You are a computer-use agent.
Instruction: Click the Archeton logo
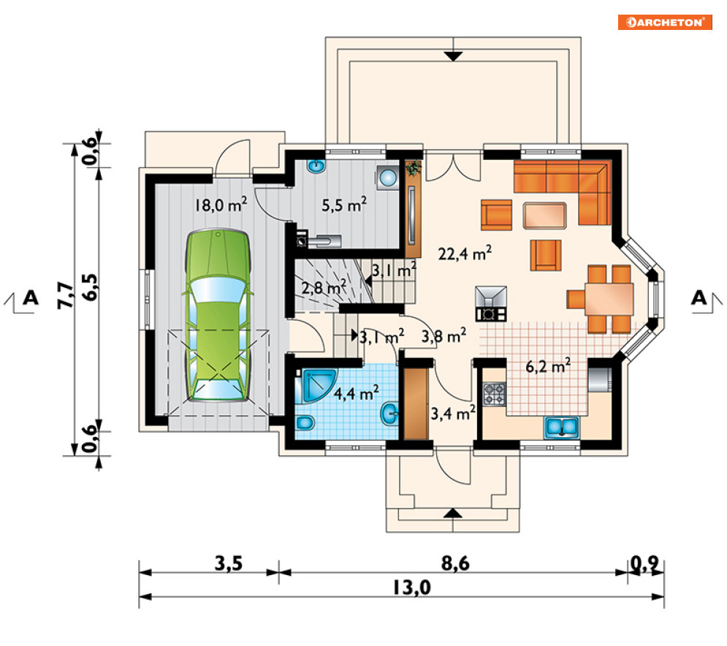(664, 22)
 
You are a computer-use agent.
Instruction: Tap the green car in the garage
(218, 315)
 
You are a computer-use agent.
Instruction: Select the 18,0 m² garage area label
(220, 204)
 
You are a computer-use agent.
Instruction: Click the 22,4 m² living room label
(465, 253)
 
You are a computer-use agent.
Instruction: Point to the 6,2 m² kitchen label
(548, 366)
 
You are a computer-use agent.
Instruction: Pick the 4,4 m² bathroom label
(356, 393)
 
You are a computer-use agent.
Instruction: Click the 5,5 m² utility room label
(344, 205)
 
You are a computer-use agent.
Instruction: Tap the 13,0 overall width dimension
(412, 588)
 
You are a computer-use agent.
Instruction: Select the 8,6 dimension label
(455, 563)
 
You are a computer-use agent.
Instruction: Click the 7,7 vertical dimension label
(65, 295)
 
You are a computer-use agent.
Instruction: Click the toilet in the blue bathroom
(305, 422)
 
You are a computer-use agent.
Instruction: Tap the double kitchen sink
(562, 427)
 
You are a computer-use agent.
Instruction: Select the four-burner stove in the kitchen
(494, 394)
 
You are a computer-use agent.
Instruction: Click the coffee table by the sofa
(545, 216)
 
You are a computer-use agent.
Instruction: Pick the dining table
(609, 300)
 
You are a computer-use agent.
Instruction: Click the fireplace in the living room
(491, 304)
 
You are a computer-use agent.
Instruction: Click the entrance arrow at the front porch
(453, 514)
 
